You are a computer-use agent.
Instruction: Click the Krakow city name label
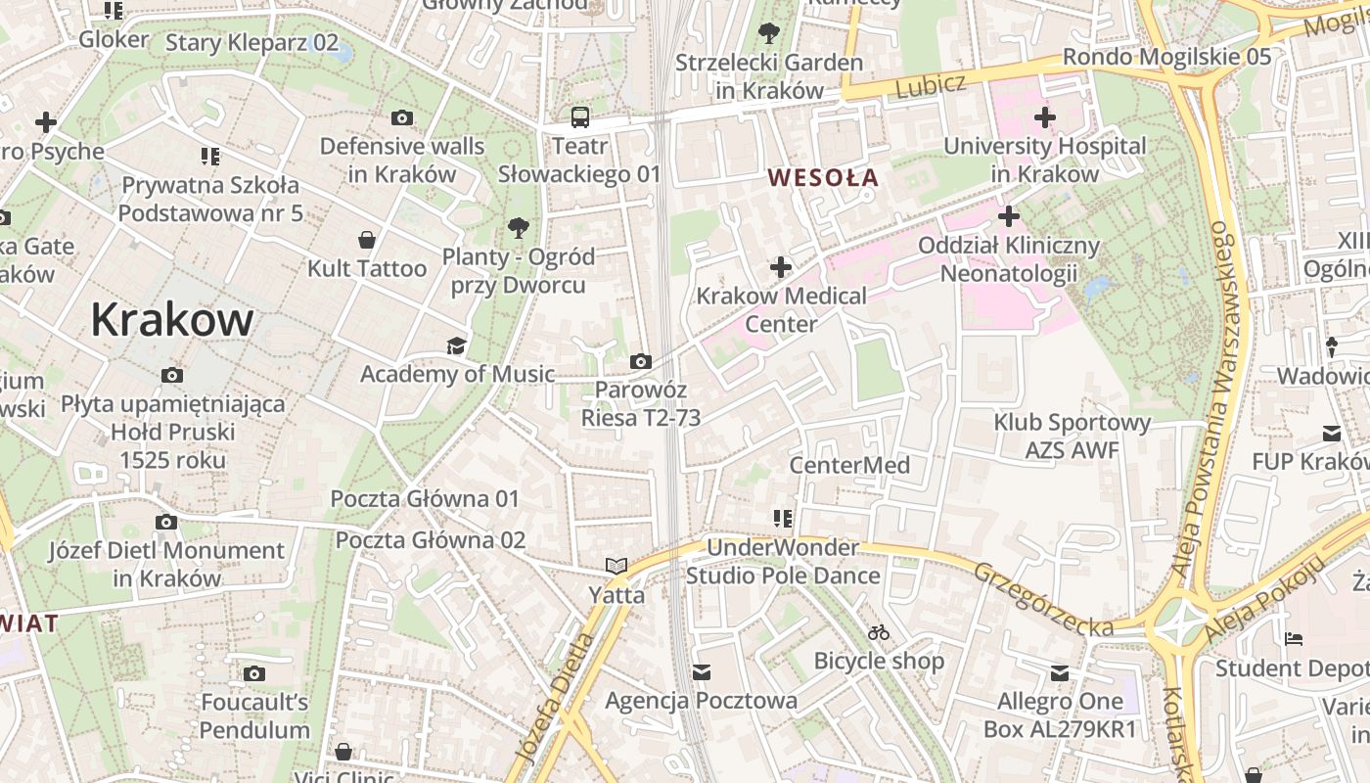click(172, 320)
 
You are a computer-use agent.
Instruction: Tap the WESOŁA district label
click(823, 178)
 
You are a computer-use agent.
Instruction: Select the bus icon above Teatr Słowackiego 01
click(580, 118)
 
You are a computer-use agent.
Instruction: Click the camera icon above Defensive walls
click(401, 118)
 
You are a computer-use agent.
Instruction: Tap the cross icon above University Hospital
click(1044, 118)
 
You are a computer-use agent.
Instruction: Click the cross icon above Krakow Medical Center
click(781, 267)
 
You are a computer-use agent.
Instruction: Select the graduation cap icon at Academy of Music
click(456, 345)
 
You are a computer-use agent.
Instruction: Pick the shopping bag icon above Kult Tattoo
click(367, 240)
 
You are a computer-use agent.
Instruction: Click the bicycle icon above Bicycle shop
click(879, 633)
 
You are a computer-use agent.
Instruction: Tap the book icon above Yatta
click(616, 567)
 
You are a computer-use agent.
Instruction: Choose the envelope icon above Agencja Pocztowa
click(701, 672)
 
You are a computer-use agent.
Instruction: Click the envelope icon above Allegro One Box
click(1060, 672)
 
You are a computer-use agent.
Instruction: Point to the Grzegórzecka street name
click(1043, 596)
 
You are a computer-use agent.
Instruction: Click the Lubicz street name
click(930, 86)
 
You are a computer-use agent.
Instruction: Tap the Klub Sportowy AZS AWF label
click(1072, 437)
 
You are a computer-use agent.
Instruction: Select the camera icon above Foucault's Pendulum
click(254, 674)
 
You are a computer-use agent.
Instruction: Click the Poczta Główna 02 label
click(431, 540)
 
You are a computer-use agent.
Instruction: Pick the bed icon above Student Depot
click(1293, 639)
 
